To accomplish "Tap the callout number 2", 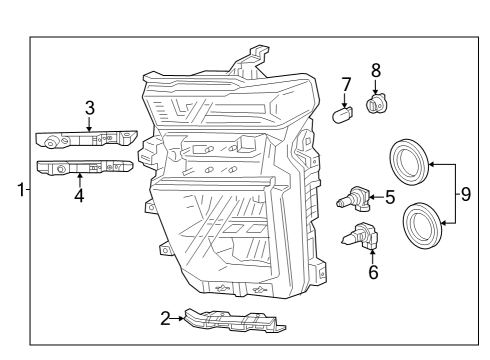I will coord(165,319).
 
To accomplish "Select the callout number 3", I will coord(89,107).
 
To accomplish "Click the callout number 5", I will coord(390,197).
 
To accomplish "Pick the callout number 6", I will coord(373,271).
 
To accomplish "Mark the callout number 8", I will coord(377,70).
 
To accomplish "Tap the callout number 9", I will coord(465,192).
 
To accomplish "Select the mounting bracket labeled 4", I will coord(84,167).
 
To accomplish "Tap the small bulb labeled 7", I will coord(343,113).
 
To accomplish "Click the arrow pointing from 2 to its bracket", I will coord(180,319).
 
